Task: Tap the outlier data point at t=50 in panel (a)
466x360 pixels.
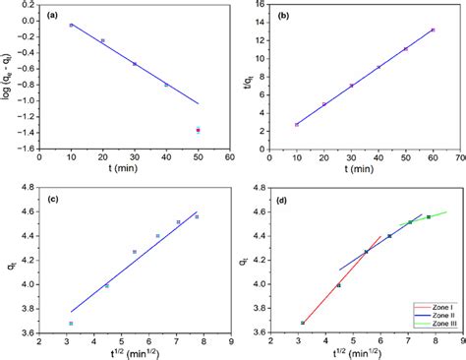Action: [198, 129]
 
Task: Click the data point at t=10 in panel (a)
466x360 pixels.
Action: [71, 26]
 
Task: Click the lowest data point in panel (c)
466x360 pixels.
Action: [71, 323]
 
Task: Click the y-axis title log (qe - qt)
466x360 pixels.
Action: [8, 76]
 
